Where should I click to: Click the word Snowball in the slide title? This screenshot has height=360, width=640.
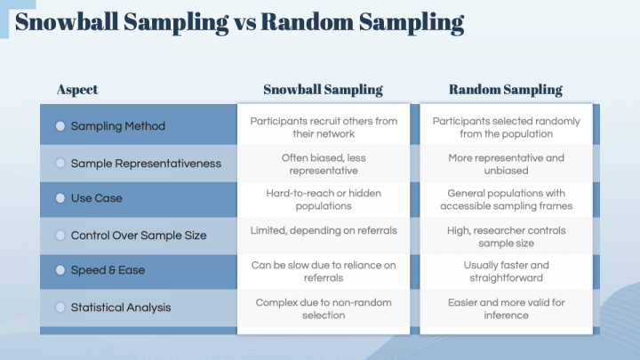tap(67, 21)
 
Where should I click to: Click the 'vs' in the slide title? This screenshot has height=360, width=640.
tap(245, 23)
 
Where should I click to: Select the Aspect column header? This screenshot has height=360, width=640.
tap(77, 90)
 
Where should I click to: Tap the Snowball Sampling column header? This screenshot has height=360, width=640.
tap(324, 90)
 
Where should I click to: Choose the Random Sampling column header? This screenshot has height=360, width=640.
tap(506, 90)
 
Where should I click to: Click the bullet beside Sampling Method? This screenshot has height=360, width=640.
tap(60, 126)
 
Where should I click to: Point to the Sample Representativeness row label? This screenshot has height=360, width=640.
tap(146, 164)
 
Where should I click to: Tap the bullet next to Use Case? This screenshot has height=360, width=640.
tap(60, 198)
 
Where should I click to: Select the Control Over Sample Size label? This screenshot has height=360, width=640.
tap(139, 236)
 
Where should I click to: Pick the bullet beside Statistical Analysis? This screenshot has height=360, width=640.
tap(60, 308)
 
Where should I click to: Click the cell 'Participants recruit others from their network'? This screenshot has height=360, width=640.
tap(324, 127)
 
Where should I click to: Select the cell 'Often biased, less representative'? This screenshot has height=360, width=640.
tap(324, 164)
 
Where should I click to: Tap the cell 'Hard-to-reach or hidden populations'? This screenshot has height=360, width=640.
tap(324, 200)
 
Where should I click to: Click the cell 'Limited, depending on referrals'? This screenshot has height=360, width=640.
tap(324, 230)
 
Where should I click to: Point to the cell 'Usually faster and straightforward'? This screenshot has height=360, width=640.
tap(506, 271)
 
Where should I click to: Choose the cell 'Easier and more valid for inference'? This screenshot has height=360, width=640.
tap(506, 309)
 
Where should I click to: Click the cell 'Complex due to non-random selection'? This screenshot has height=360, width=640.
tap(324, 309)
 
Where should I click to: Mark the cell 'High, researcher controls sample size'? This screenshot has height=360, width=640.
tap(506, 236)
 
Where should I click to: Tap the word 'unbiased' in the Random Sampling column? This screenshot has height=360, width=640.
tap(506, 171)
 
